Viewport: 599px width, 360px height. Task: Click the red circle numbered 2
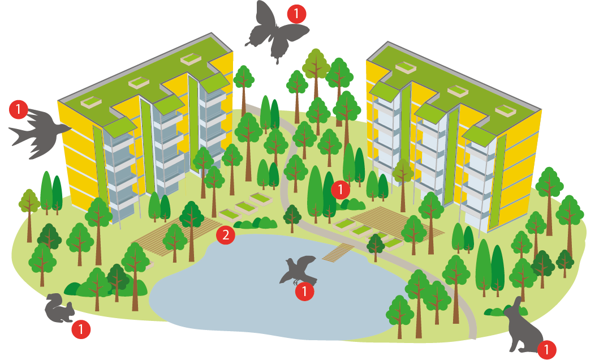pyautogui.click(x=225, y=235)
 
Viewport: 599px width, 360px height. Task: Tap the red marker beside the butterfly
pyautogui.click(x=296, y=14)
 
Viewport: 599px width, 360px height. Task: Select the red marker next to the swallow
pyautogui.click(x=19, y=109)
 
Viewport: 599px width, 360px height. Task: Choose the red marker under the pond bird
pyautogui.click(x=304, y=292)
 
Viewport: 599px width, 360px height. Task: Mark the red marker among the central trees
pyautogui.click(x=340, y=190)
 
